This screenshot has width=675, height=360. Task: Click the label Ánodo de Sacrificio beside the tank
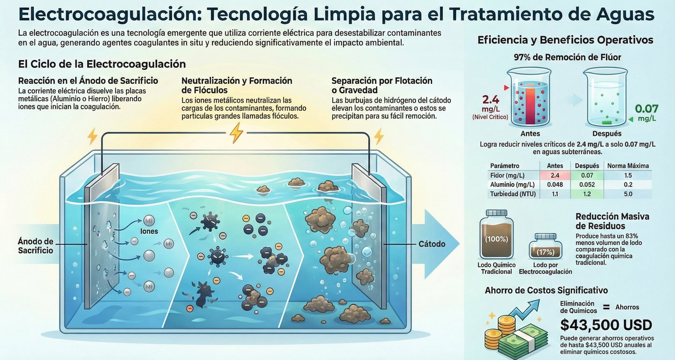coord(35,246)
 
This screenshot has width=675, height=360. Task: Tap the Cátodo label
coord(432,244)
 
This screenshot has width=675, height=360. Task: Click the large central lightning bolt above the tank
coord(236,133)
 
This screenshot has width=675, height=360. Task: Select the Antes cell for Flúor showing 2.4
coord(555,175)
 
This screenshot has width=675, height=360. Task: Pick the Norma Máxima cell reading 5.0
coord(628,194)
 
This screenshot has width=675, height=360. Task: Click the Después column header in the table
coord(587,166)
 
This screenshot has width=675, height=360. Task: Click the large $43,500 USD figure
coord(606,325)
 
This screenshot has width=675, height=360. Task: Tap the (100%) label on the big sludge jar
coord(496,239)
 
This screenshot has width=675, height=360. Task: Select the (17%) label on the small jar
coord(546,252)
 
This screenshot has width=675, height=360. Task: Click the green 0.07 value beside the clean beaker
coord(646,109)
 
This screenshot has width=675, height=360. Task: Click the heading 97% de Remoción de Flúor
coord(567,57)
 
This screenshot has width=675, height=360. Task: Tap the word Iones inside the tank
coord(149,231)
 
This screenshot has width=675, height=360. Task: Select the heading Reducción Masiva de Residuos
coord(612,221)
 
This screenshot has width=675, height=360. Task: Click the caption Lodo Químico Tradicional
coord(496,268)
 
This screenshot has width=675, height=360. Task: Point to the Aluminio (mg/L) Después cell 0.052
coord(587,184)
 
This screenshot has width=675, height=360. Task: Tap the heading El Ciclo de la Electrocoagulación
coord(102,64)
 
